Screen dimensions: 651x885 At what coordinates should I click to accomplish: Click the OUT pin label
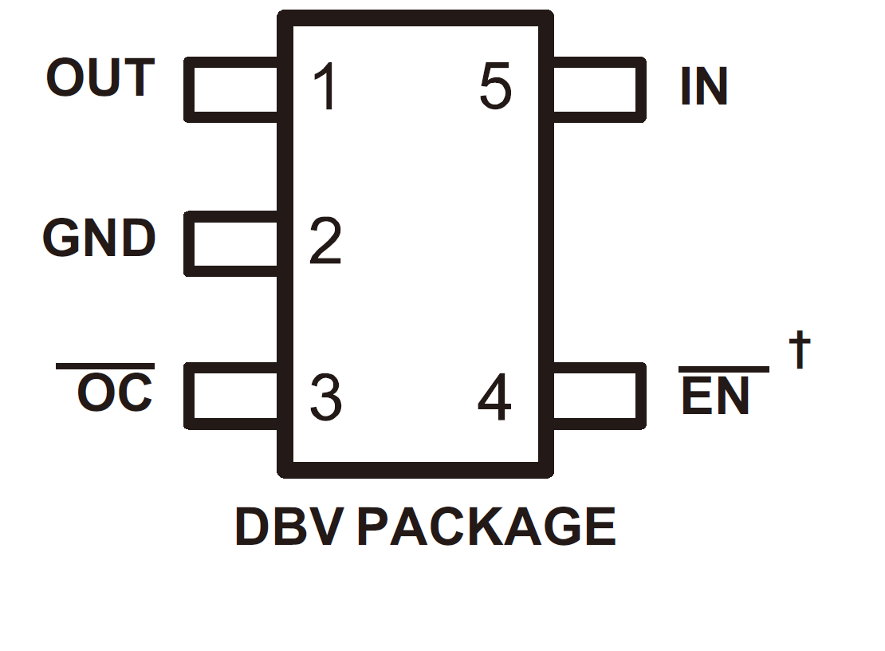(100, 78)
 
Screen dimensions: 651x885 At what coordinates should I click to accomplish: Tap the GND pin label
(99, 239)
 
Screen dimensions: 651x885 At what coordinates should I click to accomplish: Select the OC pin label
(114, 393)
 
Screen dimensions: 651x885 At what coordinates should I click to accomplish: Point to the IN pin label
(704, 86)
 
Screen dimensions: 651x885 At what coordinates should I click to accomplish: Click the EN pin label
(715, 397)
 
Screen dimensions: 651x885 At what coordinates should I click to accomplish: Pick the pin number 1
(325, 87)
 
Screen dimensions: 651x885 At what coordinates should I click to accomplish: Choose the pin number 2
(325, 241)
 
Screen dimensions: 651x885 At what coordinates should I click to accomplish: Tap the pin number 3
(325, 397)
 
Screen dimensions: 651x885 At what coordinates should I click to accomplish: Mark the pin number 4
(494, 399)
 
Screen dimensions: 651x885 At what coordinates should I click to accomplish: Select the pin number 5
(495, 87)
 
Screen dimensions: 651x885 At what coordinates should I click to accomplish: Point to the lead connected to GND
(231, 244)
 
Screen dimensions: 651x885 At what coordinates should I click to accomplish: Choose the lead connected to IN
(598, 89)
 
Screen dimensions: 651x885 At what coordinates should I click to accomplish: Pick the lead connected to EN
(598, 397)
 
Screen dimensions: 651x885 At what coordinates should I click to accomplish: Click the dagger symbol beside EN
(800, 350)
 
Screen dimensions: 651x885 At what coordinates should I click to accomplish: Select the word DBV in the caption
(289, 527)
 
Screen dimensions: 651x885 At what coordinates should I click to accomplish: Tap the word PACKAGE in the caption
(486, 527)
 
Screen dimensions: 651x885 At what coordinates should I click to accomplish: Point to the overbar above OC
(104, 366)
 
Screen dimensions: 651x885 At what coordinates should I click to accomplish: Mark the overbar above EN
(723, 369)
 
